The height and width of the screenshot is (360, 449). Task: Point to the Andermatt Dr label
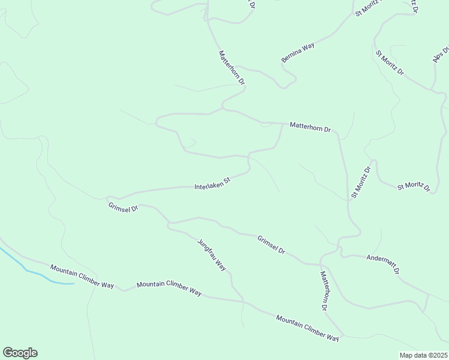383,264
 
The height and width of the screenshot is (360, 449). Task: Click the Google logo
20,353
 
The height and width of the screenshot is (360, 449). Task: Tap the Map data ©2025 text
424,355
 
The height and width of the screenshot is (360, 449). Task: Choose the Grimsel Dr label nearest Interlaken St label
124,208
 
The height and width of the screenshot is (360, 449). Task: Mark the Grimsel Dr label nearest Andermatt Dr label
271,244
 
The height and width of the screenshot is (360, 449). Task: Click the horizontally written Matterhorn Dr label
310,127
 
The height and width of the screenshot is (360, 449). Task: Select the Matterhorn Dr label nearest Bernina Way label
232,67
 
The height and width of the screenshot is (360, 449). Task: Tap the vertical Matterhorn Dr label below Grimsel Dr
324,290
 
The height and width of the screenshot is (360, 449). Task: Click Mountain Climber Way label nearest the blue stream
82,277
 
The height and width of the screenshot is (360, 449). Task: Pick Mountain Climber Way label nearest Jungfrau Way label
169,289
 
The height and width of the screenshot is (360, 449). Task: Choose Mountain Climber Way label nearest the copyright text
308,328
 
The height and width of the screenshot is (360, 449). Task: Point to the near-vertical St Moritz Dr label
361,182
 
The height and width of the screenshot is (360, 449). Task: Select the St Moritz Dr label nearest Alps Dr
390,62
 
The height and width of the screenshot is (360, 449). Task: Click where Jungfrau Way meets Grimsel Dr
169,223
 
